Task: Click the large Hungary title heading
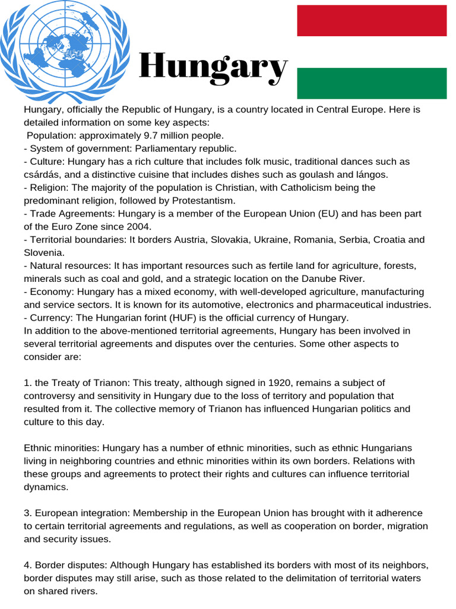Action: [x=213, y=67]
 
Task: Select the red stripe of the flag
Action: [x=372, y=20]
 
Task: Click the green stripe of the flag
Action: [x=372, y=83]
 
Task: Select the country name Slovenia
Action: [x=43, y=253]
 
